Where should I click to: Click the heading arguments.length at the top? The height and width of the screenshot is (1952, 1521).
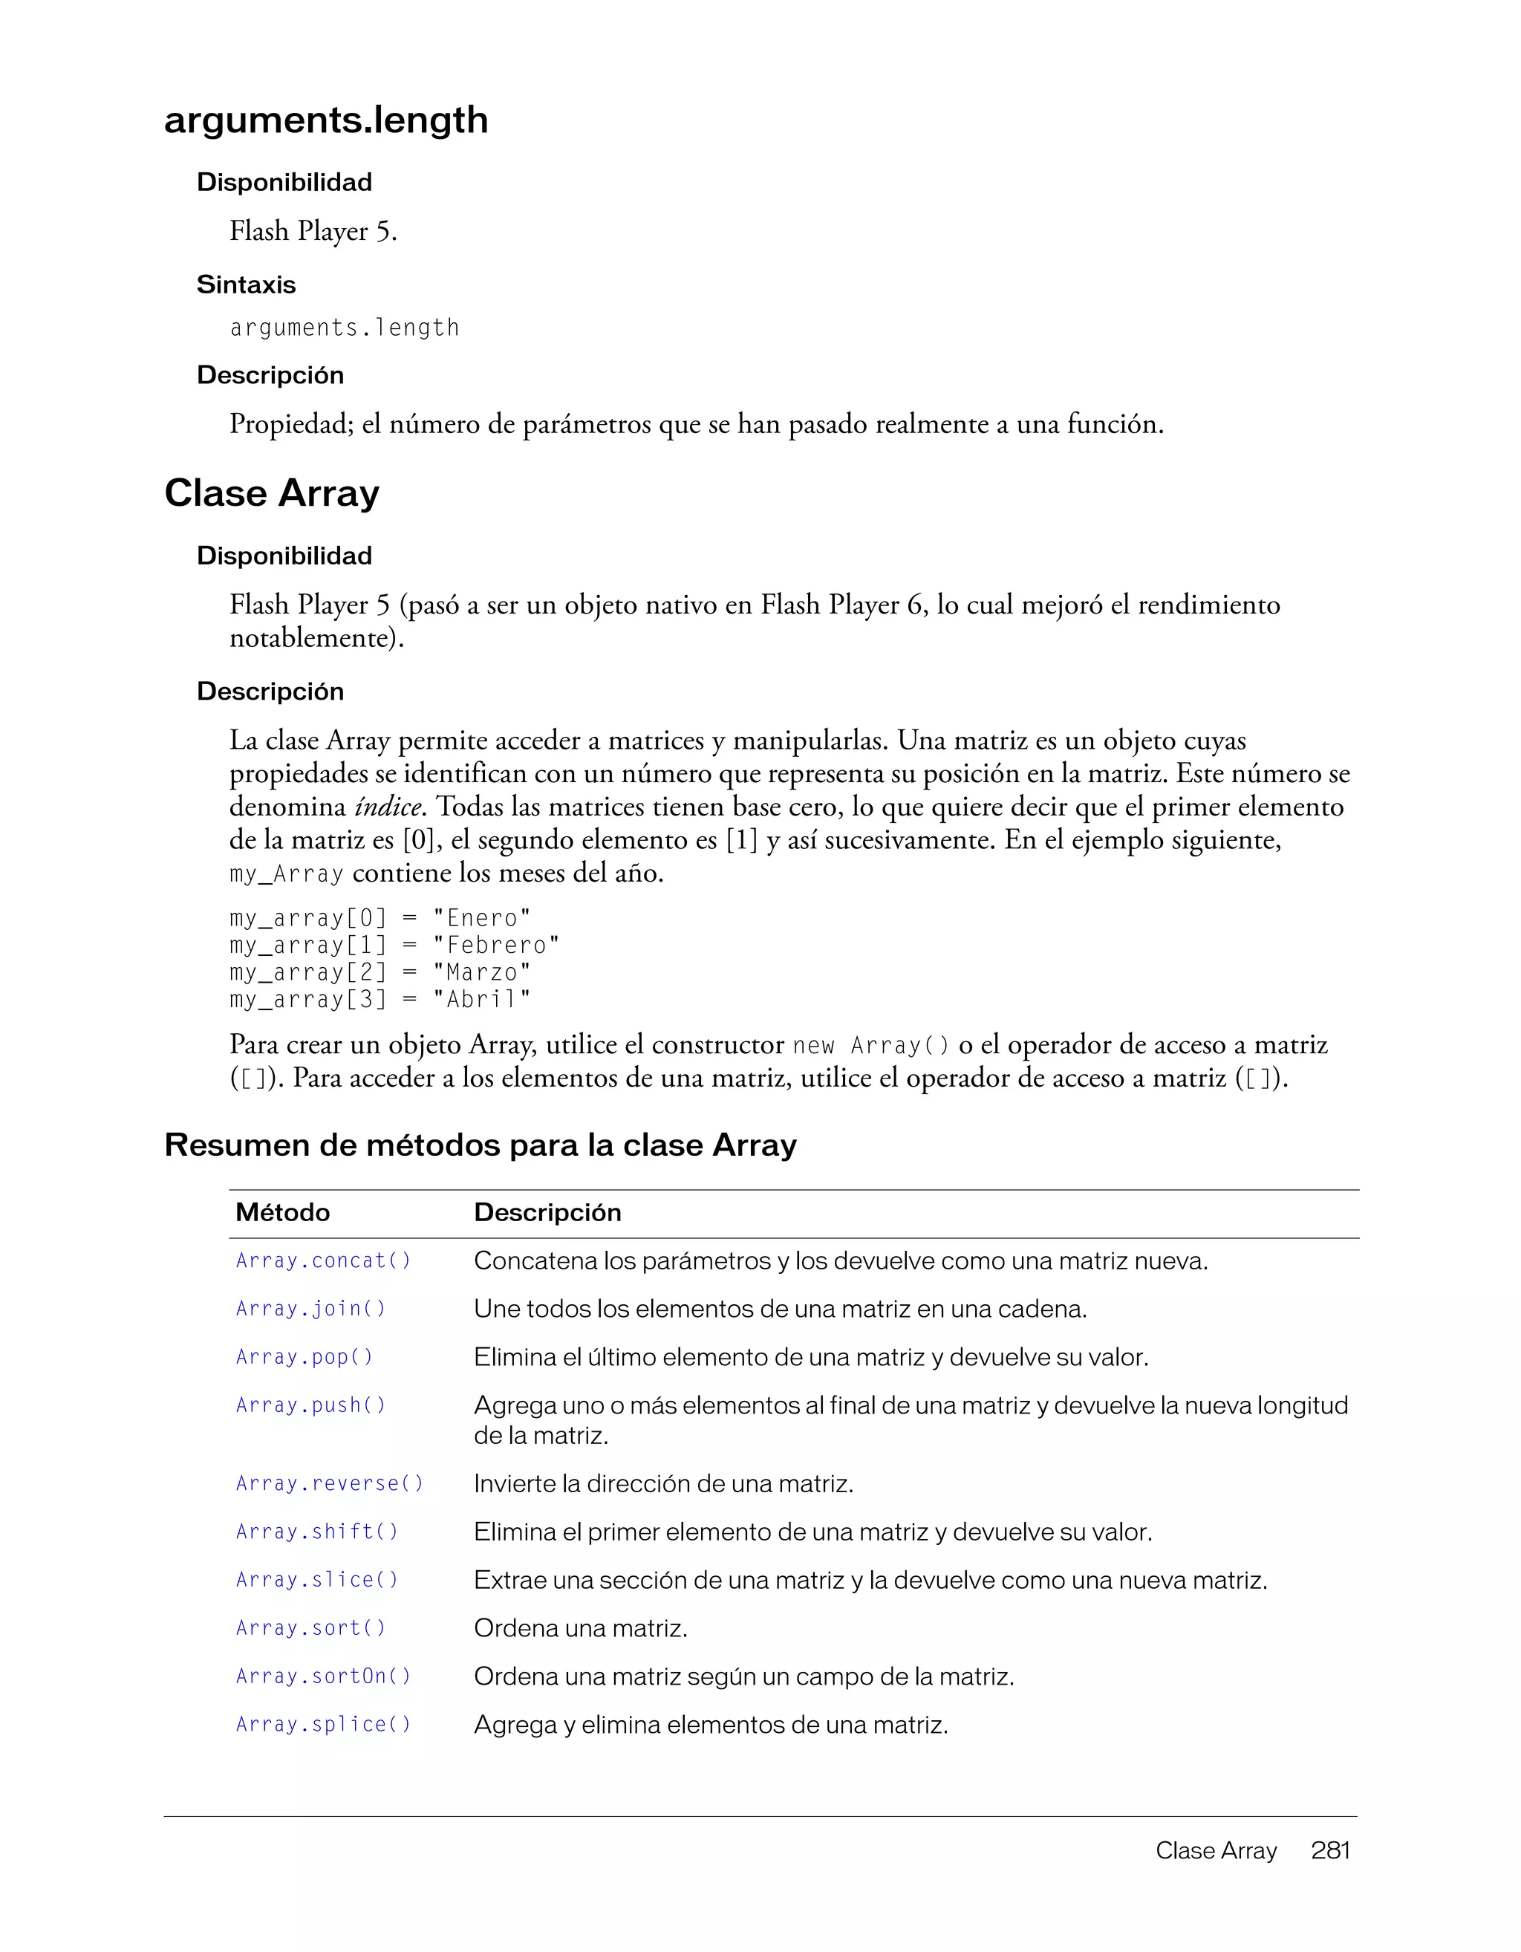point(326,120)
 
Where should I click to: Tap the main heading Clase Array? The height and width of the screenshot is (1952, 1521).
point(272,493)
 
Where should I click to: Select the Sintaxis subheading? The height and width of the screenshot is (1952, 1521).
point(246,284)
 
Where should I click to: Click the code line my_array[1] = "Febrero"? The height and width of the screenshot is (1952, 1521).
point(394,945)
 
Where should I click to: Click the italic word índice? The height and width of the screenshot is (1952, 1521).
point(388,807)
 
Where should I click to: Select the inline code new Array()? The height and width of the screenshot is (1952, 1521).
point(871,1046)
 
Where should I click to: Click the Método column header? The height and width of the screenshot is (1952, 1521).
point(282,1212)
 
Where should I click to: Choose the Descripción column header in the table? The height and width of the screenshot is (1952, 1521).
point(547,1212)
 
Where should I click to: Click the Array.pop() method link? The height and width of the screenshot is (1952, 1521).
point(304,1357)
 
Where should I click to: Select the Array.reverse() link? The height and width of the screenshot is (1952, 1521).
point(329,1483)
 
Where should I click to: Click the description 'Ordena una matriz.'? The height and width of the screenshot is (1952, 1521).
point(580,1628)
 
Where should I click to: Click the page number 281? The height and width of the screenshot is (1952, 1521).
point(1329,1850)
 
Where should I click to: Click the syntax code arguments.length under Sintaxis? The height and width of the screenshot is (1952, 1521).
point(344,328)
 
